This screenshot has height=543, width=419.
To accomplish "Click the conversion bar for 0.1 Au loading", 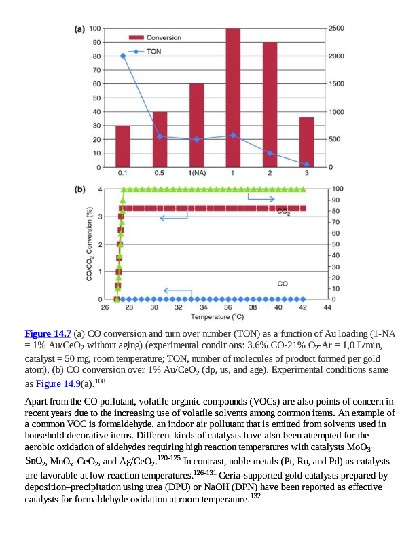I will tap(123, 146).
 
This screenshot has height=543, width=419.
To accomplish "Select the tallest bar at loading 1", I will tap(233, 98).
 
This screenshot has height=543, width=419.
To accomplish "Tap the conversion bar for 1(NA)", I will tap(196, 125).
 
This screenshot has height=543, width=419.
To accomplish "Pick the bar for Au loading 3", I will tap(306, 142).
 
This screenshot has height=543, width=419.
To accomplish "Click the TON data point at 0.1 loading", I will tap(123, 56).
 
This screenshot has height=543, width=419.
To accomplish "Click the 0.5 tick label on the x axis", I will tap(160, 174).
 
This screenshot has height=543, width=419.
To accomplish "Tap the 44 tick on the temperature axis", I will tap(327, 307).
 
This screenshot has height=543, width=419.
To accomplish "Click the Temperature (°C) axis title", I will tap(217, 316).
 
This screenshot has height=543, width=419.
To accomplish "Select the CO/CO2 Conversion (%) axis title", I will tap(89, 244).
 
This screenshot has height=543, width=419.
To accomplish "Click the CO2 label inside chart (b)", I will tap(284, 212).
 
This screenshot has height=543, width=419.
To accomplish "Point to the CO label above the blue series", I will tap(283, 283).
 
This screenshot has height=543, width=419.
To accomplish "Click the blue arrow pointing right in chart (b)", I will tap(261, 198).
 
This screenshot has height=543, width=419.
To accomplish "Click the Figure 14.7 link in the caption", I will tap(48, 333).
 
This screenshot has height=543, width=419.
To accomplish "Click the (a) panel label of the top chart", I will tap(79, 29).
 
